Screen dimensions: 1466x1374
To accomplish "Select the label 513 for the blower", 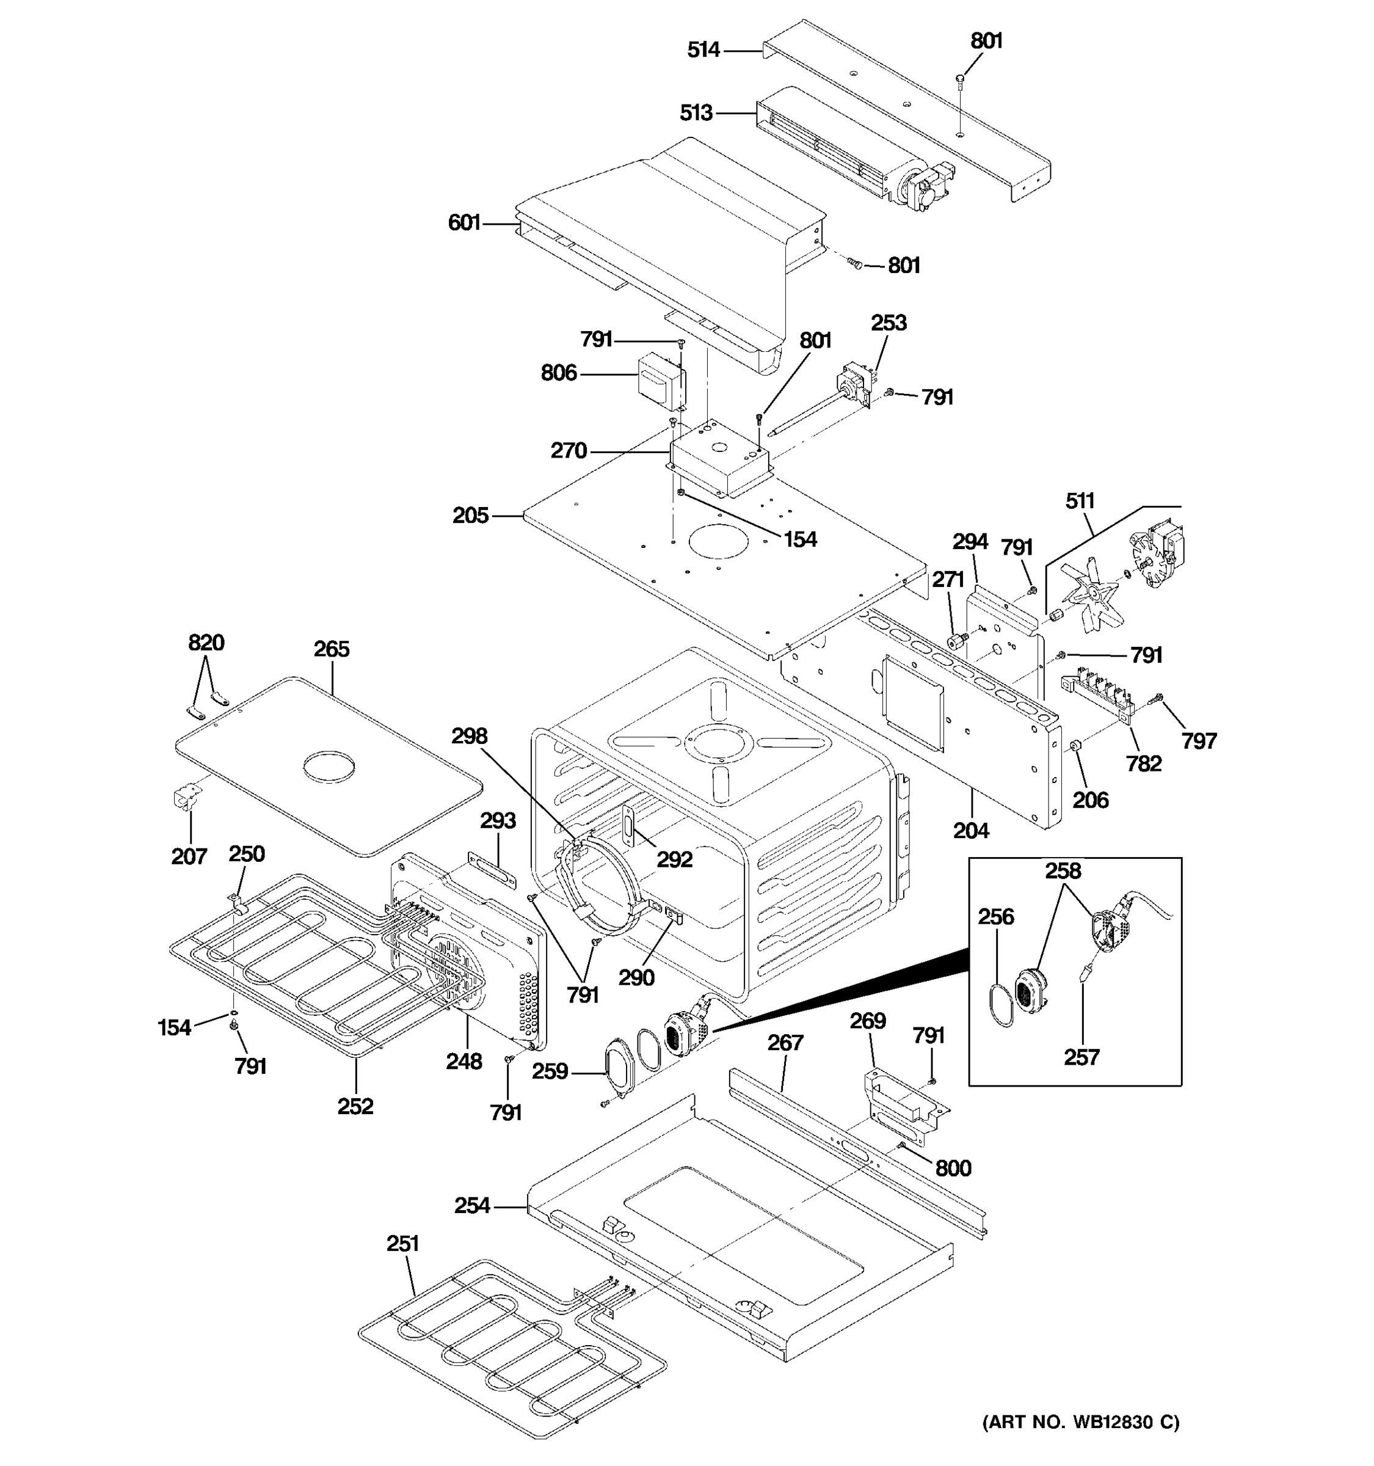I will click(x=696, y=113).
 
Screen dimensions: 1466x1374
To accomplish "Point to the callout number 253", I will click(x=889, y=323).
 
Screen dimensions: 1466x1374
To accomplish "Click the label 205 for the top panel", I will click(x=470, y=516).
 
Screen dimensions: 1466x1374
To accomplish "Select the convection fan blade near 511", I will click(x=1087, y=598).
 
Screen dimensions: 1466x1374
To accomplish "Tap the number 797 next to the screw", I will click(x=1199, y=740).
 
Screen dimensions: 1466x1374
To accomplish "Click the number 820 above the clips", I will click(x=206, y=643).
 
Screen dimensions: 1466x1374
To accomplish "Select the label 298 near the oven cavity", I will click(x=470, y=736).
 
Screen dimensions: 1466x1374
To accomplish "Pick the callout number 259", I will click(x=550, y=1071).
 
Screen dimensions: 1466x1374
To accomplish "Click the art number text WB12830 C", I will click(x=1081, y=1422).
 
